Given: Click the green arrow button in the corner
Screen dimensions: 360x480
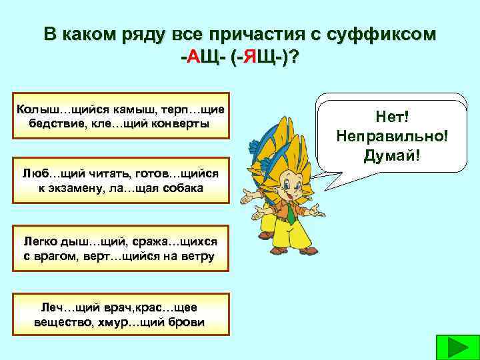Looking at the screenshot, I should (456, 348).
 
